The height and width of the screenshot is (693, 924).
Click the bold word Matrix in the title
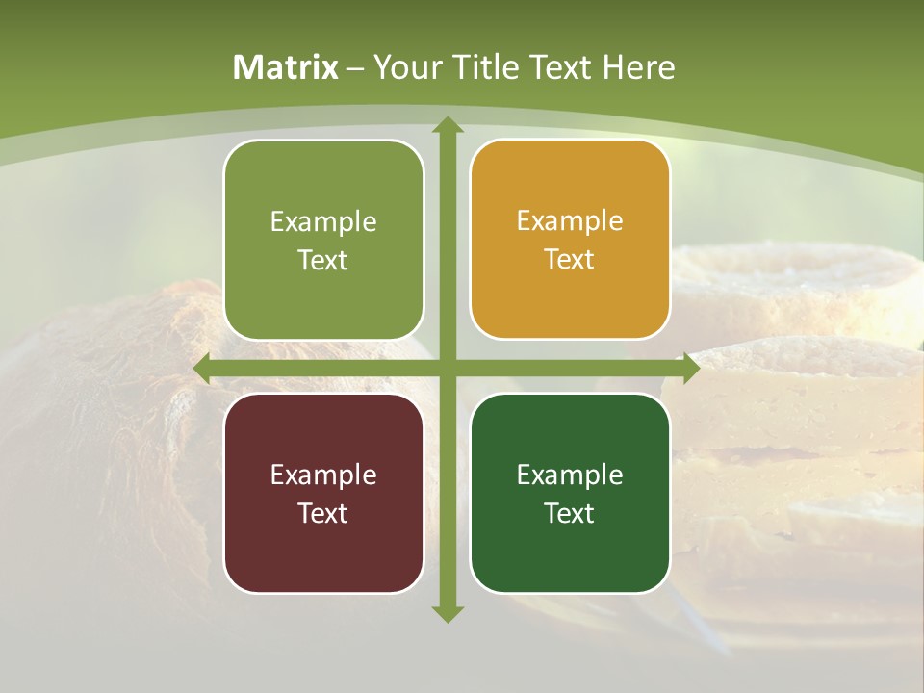[286, 67]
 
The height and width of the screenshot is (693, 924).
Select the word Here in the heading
[639, 67]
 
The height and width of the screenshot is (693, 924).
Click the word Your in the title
[404, 67]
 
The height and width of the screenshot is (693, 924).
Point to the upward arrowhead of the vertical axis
[447, 126]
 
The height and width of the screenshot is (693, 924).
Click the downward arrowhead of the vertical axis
[447, 612]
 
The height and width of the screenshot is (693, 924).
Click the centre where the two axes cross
[447, 369]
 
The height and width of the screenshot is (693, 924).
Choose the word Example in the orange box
[570, 221]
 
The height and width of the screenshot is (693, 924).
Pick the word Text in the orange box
[570, 260]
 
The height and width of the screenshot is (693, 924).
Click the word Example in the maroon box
[323, 475]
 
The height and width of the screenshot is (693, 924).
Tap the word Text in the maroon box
[323, 513]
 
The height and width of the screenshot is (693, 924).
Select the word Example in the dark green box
[570, 475]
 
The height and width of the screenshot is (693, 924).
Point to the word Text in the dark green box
[570, 513]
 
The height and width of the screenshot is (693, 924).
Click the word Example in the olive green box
[323, 221]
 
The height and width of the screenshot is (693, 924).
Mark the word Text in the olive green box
[323, 260]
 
